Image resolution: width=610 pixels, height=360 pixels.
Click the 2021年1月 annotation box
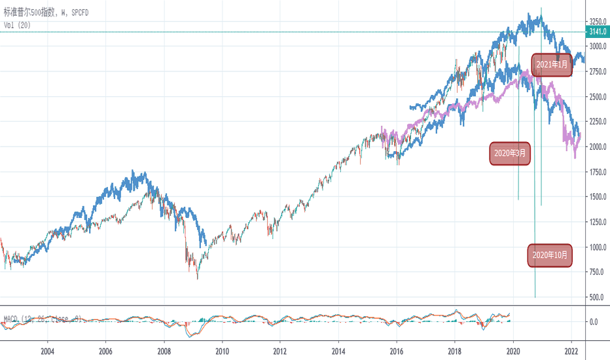coord(551,65)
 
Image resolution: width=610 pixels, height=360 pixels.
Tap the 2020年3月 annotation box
coord(511,153)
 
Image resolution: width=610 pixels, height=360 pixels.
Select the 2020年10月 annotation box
coord(550,255)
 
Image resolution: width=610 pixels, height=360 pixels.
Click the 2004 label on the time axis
coord(47,351)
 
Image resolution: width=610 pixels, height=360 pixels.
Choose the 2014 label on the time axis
coord(338,351)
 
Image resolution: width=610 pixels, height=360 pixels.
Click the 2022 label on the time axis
coord(571,351)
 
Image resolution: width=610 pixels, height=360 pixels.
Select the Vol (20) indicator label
coord(18,25)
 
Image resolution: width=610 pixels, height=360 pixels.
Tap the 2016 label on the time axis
coord(397,351)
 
